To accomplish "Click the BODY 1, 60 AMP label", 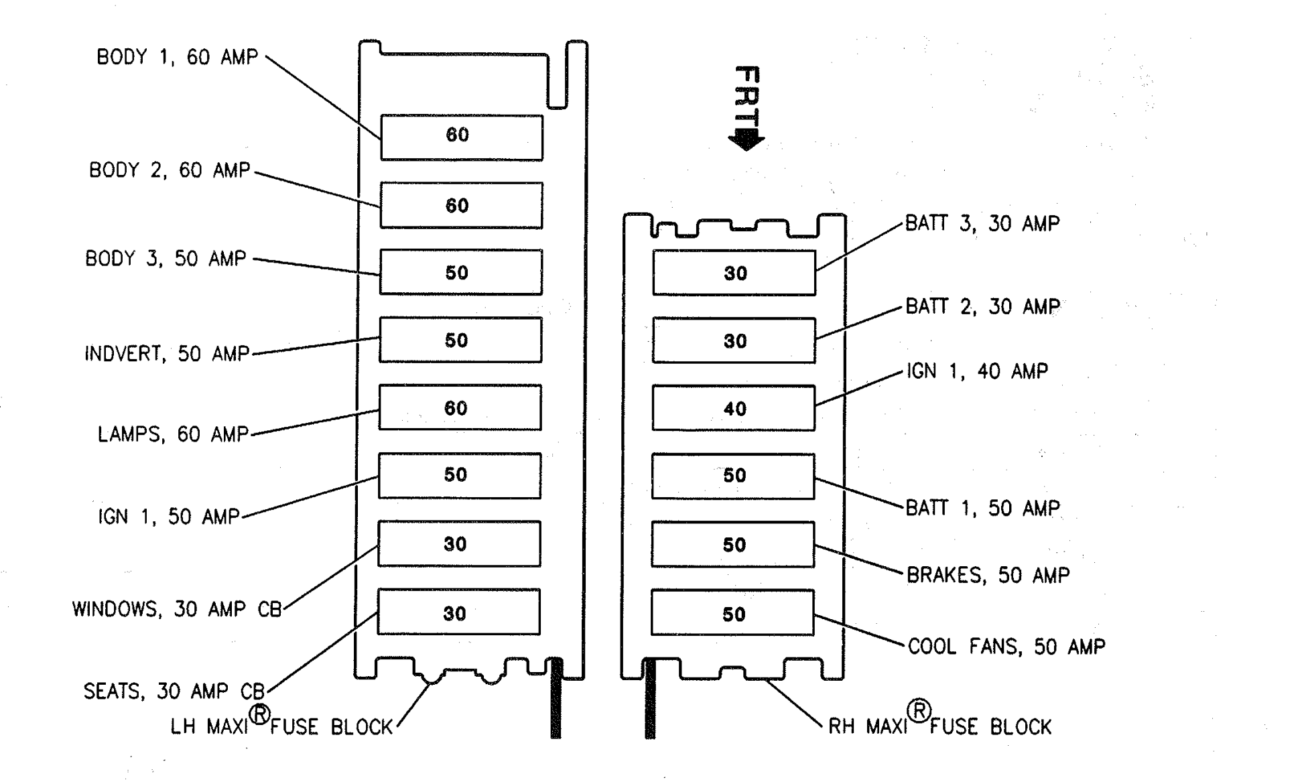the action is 178,57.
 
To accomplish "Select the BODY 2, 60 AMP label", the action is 170,170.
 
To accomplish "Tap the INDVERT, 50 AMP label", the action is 167,354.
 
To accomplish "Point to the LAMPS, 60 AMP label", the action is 173,434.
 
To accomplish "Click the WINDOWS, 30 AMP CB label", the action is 177,609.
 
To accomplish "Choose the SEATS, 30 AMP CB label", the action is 174,691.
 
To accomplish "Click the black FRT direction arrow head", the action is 747,140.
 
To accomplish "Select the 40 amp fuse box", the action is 734,408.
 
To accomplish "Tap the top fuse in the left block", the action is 462,137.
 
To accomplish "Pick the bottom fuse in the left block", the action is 459,612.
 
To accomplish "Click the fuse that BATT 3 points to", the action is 734,273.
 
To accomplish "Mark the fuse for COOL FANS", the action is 732,612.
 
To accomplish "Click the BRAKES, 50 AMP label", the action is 988,575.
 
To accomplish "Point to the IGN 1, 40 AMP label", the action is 978,371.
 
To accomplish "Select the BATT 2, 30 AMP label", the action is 983,307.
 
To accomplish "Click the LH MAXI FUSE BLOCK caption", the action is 281,721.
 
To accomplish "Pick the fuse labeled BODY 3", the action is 461,272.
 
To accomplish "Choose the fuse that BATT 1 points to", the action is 733,476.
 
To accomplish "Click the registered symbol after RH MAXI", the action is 919,710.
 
